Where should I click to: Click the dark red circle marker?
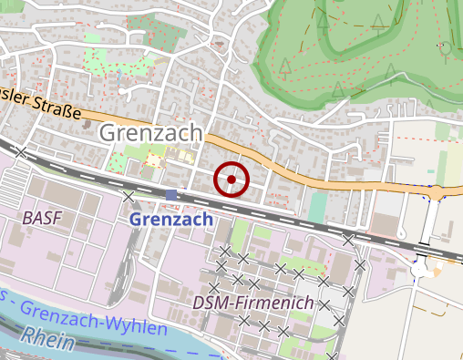pos(231,180)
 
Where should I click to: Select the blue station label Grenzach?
pos(170,220)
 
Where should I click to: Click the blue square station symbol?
pos(171,195)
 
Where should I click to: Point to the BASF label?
pos(42,219)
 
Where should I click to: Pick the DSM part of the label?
pos(211,302)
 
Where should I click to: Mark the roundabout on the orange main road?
pos(440,192)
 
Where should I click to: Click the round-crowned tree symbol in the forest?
pos(443,48)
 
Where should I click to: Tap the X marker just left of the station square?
pos(129,196)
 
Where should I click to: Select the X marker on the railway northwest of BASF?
pos(21,153)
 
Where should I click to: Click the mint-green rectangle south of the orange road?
pos(316,207)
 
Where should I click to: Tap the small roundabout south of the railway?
pos(421,269)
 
